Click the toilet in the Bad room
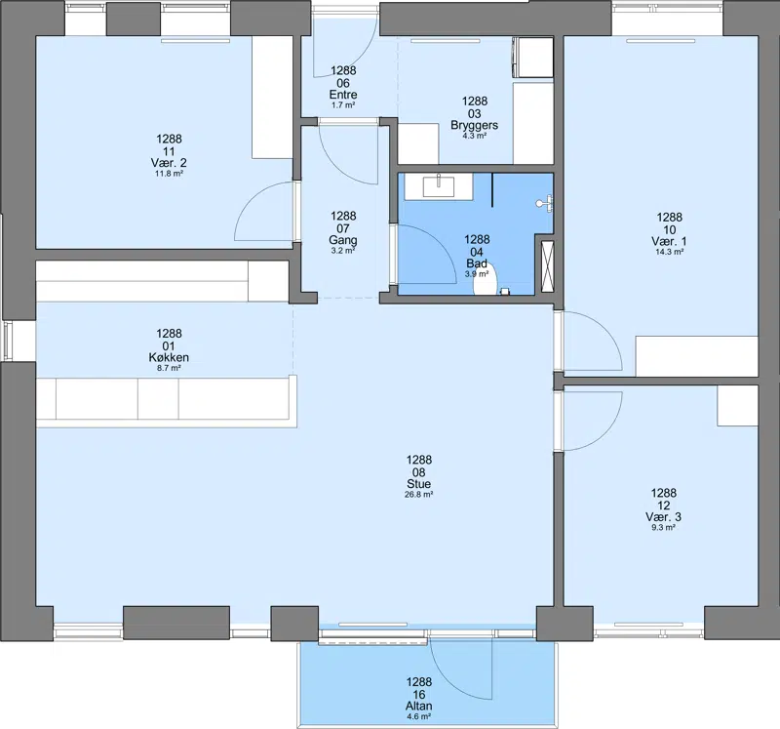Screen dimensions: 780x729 486,279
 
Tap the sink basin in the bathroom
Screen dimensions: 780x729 438,186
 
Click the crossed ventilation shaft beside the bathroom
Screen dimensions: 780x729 547,266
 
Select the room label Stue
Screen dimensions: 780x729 418,483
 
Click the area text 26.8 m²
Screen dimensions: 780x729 418,495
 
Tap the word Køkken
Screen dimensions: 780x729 169,357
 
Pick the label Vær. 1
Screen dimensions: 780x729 669,241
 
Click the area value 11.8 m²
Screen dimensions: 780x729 169,174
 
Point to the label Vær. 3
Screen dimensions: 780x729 664,517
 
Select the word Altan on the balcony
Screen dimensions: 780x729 419,706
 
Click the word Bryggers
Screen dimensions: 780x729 475,125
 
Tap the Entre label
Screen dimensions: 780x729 343,95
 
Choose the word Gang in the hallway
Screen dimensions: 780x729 343,240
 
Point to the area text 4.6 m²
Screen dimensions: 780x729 419,716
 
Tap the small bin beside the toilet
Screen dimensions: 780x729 505,292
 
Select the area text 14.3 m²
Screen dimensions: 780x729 669,252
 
